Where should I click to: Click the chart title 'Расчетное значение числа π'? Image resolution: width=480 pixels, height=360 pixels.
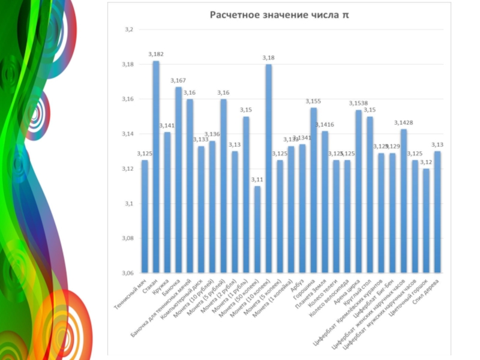[278, 14]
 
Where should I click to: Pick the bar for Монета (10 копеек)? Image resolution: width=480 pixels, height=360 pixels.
[269, 168]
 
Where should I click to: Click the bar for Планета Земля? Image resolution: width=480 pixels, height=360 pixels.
[325, 202]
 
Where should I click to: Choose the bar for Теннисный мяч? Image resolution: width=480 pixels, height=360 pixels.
[145, 216]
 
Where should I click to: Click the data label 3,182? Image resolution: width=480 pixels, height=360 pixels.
[156, 55]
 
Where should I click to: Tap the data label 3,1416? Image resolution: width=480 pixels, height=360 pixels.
[325, 125]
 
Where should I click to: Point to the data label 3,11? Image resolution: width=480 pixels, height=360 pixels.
[257, 180]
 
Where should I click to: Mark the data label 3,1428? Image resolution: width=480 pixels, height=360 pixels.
[404, 123]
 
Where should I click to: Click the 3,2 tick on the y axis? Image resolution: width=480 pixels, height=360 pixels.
[128, 29]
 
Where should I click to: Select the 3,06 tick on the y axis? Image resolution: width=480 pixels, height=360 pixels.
[127, 274]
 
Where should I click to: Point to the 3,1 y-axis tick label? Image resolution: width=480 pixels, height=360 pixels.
[128, 204]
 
